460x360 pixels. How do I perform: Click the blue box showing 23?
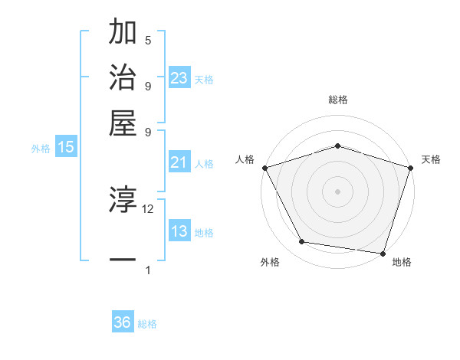click(x=179, y=78)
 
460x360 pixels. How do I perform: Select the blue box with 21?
click(x=179, y=162)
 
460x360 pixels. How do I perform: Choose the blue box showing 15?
click(x=65, y=148)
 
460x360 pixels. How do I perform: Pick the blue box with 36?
click(x=122, y=322)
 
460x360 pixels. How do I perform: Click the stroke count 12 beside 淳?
click(x=148, y=208)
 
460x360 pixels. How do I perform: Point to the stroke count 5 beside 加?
click(x=148, y=41)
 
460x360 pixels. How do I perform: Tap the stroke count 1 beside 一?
click(x=148, y=270)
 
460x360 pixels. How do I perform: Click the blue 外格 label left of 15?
click(x=41, y=149)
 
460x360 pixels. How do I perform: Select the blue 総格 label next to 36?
click(x=147, y=324)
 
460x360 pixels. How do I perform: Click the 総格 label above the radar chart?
click(x=337, y=100)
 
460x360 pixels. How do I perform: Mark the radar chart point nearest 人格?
click(x=264, y=167)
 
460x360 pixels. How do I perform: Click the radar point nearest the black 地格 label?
click(x=383, y=253)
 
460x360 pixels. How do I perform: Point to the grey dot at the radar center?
click(x=337, y=191)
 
